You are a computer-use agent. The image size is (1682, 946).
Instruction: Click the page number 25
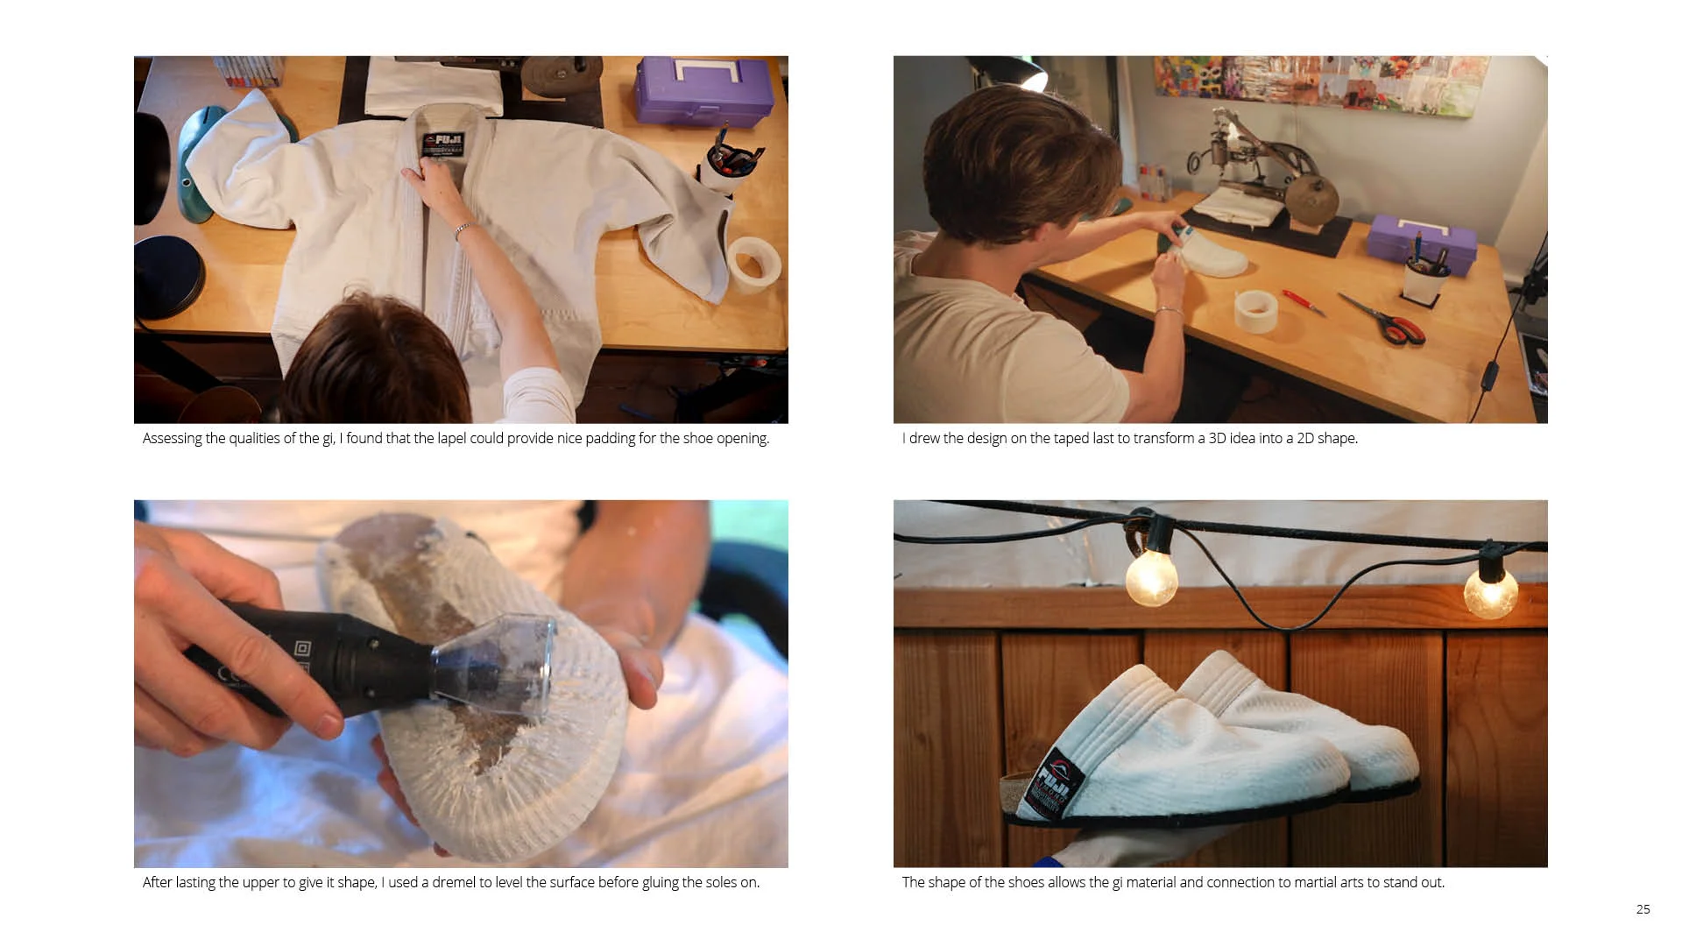pos(1643,909)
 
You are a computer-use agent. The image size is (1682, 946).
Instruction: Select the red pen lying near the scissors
pos(1304,302)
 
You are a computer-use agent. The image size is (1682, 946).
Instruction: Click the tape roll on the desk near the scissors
pos(1256,311)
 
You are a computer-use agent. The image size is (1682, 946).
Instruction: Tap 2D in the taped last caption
pos(1305,438)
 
